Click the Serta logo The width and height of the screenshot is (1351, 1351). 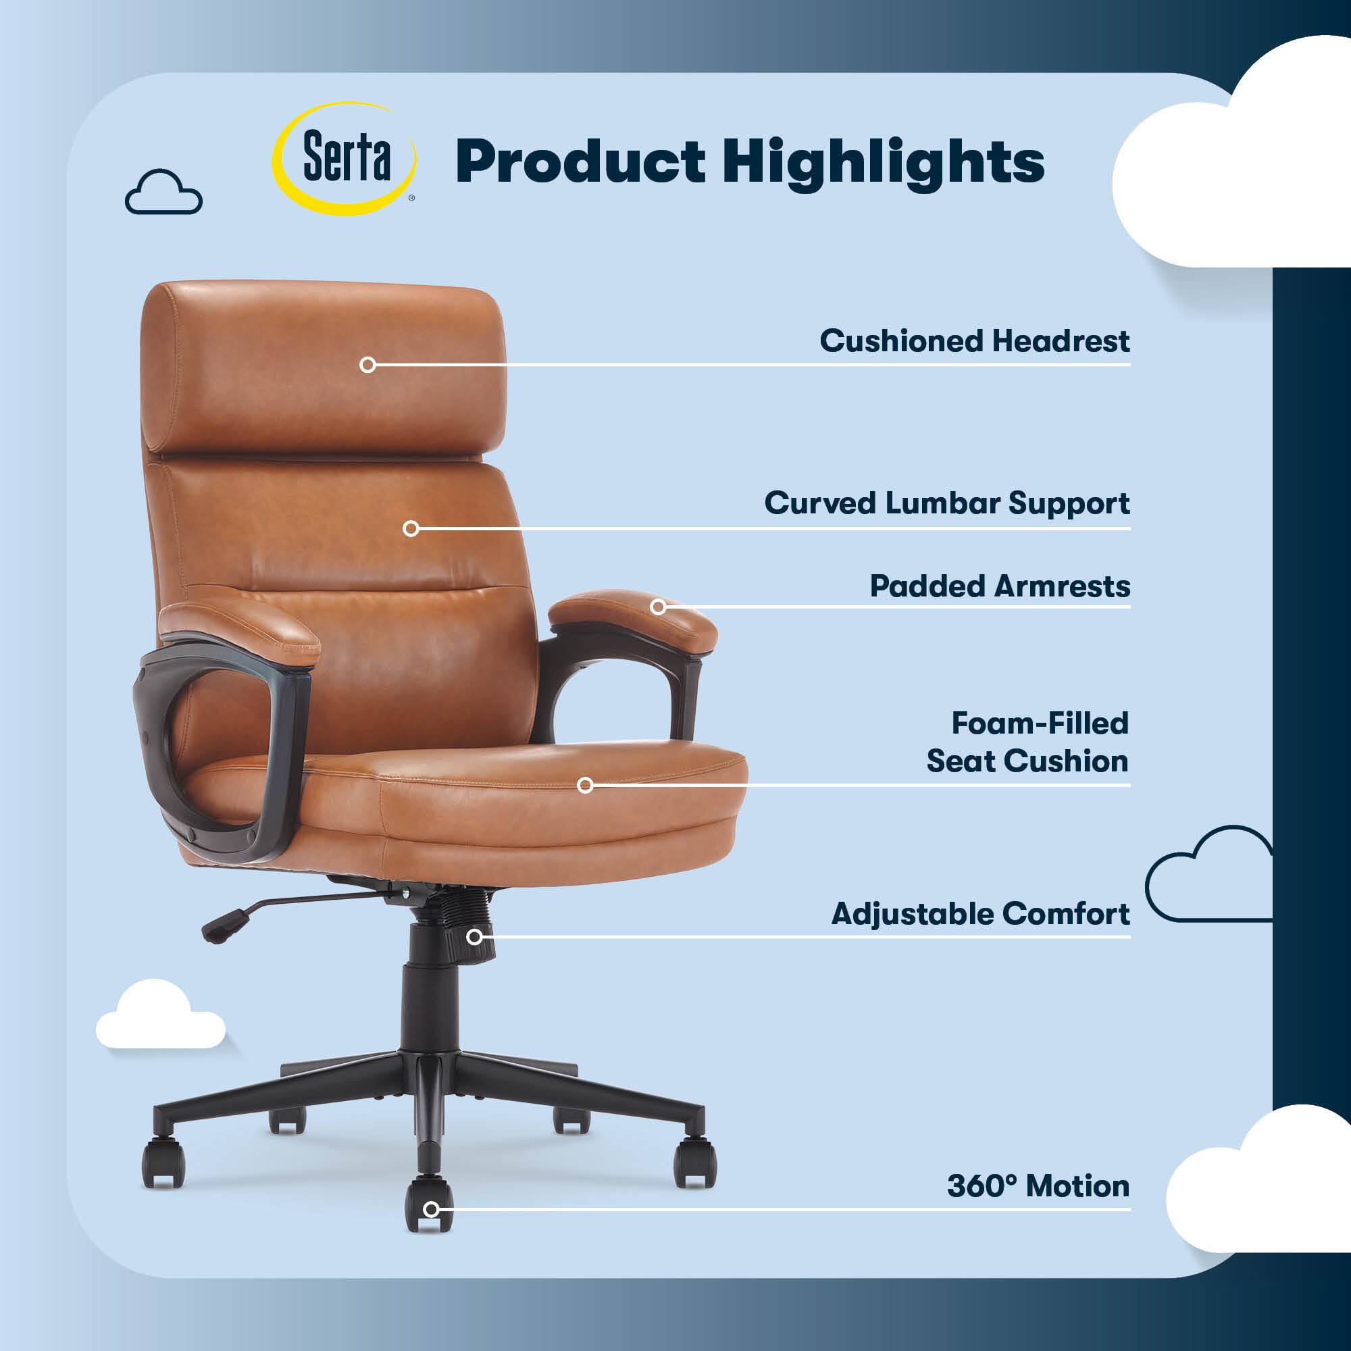[x=344, y=159]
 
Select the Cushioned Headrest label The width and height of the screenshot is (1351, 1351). [x=975, y=340]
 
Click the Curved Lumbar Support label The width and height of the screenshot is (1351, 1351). [x=947, y=503]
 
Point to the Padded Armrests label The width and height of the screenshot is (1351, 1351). [x=1000, y=586]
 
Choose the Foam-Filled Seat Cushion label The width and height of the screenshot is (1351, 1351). [x=1027, y=742]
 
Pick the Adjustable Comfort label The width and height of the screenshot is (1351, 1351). [x=980, y=914]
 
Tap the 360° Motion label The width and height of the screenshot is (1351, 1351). [x=1038, y=1186]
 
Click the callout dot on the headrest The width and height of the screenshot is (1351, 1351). [x=368, y=364]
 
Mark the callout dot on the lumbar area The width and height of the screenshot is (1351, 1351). [x=411, y=529]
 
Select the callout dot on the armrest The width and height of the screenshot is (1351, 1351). [x=658, y=607]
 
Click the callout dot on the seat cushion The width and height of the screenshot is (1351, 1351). [x=585, y=786]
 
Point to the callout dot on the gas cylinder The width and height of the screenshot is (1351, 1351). [x=475, y=936]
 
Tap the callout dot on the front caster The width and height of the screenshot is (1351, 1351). [x=432, y=1210]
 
